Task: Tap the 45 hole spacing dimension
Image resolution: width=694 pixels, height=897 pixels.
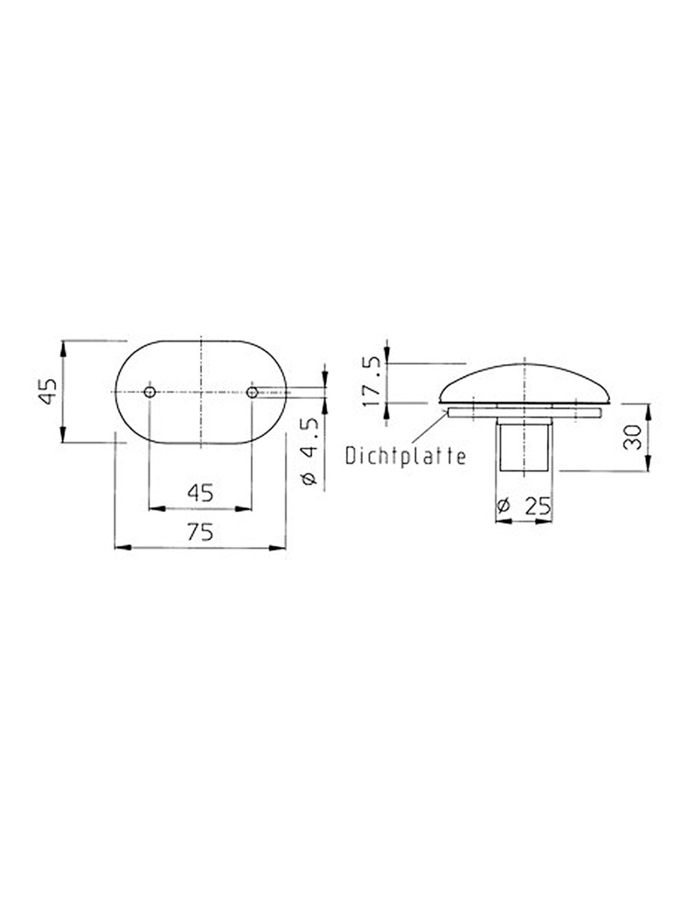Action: click(200, 493)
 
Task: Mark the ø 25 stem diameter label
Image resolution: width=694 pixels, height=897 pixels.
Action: click(525, 505)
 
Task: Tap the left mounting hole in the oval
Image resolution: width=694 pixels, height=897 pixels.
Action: click(150, 392)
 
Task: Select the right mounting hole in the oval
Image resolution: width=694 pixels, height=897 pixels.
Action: click(252, 392)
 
